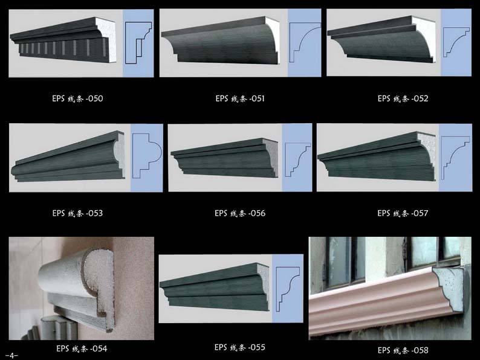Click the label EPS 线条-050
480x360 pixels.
77,98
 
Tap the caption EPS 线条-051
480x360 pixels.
240,98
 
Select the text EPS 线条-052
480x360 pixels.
403,98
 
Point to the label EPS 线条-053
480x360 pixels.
77,213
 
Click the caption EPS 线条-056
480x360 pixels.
240,213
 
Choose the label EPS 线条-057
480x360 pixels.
403,213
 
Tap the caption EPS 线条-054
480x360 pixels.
82,349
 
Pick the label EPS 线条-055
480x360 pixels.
240,347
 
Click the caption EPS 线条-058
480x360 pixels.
403,350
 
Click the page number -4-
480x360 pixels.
11,356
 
